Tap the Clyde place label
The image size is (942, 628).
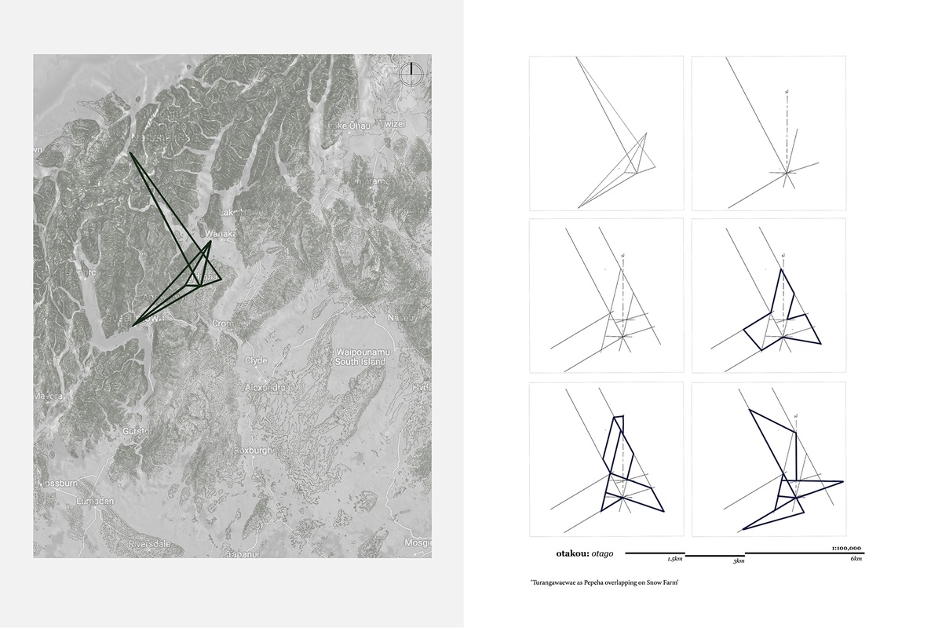pos(256,360)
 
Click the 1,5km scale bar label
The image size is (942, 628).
pos(675,560)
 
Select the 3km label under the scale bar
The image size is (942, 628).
pos(739,562)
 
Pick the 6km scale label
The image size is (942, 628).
pos(856,558)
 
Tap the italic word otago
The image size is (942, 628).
pos(605,553)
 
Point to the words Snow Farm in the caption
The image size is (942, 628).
pos(663,583)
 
